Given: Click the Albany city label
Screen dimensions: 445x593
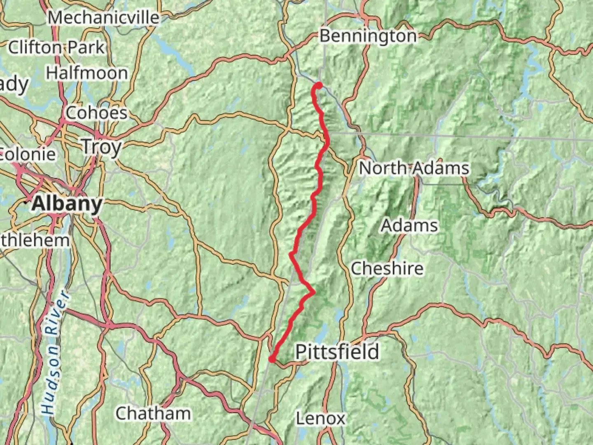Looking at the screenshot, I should click(x=67, y=204).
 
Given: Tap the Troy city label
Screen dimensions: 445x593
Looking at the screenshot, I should click(x=101, y=147).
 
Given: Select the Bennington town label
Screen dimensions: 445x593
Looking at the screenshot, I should click(x=368, y=36).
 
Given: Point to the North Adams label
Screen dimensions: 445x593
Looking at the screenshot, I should click(x=414, y=168).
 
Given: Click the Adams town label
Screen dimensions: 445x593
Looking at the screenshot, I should click(x=409, y=225).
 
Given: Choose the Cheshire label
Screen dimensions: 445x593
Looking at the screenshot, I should click(x=387, y=269).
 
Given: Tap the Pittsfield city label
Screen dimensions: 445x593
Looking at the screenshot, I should click(x=337, y=352).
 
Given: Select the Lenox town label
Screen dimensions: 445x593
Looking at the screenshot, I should click(x=320, y=419).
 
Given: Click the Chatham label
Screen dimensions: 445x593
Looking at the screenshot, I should click(x=153, y=413).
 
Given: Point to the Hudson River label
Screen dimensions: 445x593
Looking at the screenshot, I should click(x=54, y=352).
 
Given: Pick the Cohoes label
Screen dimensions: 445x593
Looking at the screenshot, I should click(x=96, y=113).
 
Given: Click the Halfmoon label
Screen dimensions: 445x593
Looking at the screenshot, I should click(x=86, y=73).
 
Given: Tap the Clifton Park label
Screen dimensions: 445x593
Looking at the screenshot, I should click(x=56, y=47).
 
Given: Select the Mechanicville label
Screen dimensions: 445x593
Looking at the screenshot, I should click(x=103, y=17).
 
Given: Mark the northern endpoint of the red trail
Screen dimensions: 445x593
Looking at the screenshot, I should click(x=319, y=85).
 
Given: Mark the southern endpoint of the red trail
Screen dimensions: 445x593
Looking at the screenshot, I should click(x=272, y=359).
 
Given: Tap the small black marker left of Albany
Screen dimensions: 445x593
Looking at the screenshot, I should click(x=27, y=202).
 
